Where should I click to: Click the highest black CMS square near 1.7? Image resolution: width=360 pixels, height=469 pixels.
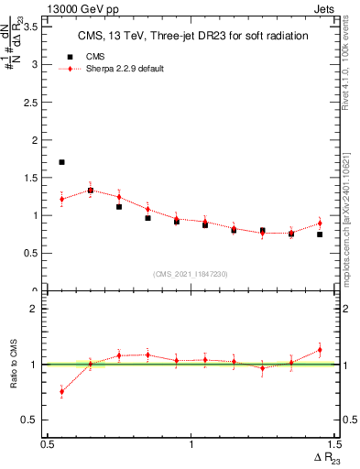[61, 162]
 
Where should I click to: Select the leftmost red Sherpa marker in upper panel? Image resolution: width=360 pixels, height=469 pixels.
[61, 199]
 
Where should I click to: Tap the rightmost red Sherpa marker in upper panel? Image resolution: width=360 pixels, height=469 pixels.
[320, 224]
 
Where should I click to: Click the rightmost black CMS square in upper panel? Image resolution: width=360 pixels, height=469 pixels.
[320, 234]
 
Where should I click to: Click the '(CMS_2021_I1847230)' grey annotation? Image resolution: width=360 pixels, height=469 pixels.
[191, 274]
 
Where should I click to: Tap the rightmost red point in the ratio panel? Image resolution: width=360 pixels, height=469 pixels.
[320, 349]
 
